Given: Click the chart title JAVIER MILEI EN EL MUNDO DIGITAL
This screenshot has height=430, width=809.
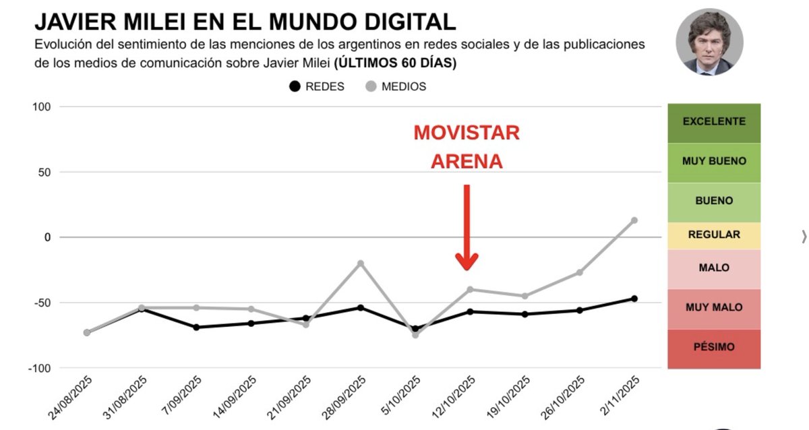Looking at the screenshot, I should (245, 22).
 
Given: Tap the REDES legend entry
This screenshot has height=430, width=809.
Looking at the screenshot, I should (317, 86).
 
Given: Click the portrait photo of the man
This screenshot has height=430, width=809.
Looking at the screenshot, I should (709, 42).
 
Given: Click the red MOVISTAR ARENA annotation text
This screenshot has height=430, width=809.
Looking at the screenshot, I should (467, 147).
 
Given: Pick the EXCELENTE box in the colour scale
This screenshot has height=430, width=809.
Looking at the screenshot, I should (714, 122).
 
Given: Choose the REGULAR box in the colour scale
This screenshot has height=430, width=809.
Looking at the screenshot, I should (714, 235).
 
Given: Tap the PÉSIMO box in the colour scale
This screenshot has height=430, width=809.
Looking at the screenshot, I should (714, 348).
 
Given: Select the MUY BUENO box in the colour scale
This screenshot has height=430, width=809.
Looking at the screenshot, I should (714, 162).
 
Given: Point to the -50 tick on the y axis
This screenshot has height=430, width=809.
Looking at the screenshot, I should (40, 303).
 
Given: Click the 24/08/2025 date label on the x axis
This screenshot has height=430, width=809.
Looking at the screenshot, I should (70, 398).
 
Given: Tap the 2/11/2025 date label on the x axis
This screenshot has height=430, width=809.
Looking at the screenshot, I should (620, 397).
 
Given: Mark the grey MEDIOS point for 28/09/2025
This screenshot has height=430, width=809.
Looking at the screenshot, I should (361, 263).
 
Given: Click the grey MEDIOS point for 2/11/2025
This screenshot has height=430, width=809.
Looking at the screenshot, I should (634, 220).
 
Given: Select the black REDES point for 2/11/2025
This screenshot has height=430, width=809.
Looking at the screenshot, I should (634, 299).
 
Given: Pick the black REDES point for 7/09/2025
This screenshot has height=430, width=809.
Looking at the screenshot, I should (196, 328).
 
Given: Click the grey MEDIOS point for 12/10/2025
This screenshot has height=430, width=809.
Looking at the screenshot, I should (470, 289).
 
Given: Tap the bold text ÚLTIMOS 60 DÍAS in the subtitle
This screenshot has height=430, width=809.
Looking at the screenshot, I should (396, 63).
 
